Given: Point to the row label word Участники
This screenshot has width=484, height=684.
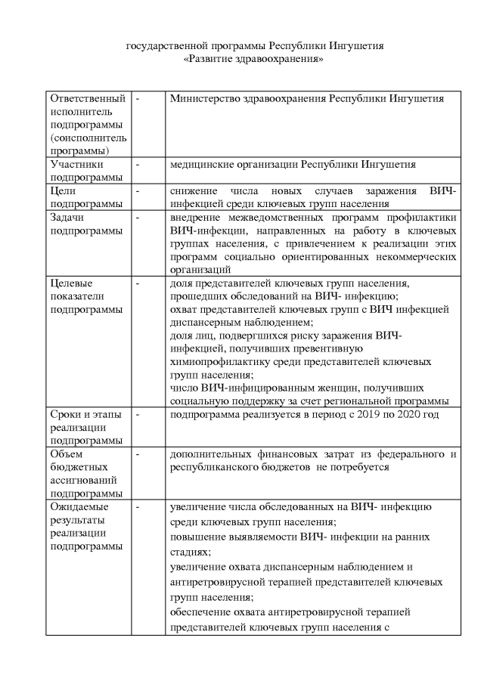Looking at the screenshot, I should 76,164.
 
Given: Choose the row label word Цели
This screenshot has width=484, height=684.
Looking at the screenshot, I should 63,191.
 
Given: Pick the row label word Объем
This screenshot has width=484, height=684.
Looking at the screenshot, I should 68,454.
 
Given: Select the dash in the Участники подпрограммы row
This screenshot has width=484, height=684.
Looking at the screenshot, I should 138,164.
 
